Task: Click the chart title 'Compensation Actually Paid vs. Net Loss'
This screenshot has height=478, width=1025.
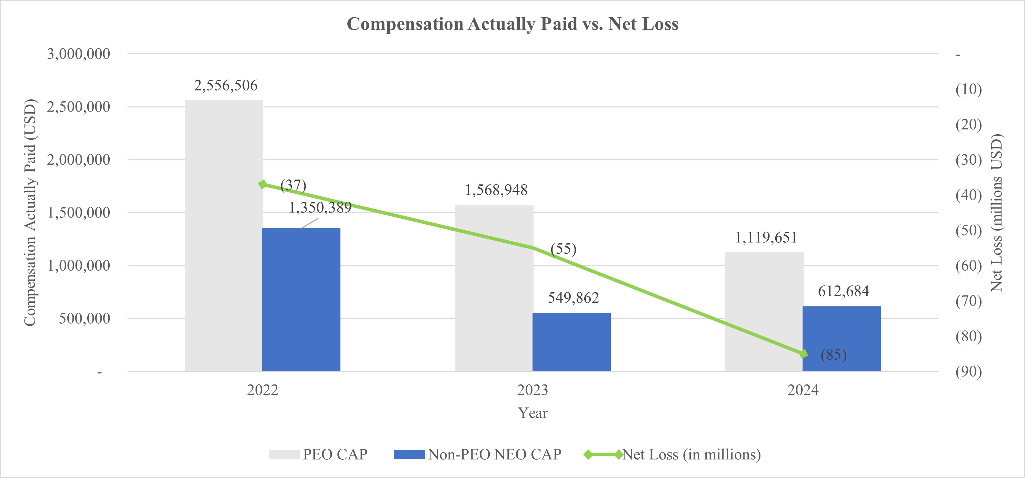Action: coord(512,24)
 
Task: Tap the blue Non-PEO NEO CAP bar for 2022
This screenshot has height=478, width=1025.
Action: coord(301,299)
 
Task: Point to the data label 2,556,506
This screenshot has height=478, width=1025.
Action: coord(226,86)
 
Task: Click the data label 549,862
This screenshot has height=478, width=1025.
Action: coord(573,298)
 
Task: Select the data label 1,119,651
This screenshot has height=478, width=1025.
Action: coord(766,238)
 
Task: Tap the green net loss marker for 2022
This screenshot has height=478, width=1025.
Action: coord(262,184)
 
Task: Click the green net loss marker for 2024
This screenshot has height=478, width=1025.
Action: coord(803,354)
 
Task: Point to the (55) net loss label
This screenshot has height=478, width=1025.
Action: coord(563,249)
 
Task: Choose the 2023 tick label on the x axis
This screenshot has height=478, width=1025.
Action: coord(533,390)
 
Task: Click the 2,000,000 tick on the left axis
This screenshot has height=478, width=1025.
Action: coord(78,160)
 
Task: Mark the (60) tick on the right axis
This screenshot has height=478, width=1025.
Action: coord(968,266)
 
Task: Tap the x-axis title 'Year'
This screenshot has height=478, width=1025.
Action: coord(533,413)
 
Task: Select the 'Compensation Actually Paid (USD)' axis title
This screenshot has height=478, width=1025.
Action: coord(30,212)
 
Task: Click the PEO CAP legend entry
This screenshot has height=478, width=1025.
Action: coord(318,455)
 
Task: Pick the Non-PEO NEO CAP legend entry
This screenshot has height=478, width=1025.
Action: coord(477,455)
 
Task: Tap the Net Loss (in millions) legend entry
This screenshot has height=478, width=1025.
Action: coord(673,455)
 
